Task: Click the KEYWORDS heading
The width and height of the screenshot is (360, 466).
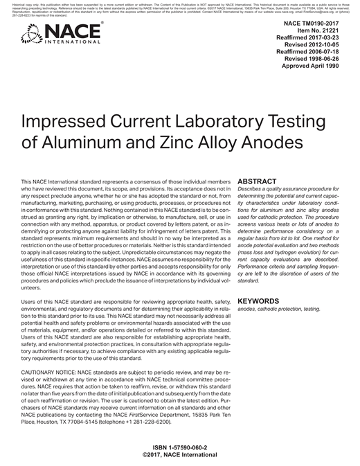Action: click(260, 302)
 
